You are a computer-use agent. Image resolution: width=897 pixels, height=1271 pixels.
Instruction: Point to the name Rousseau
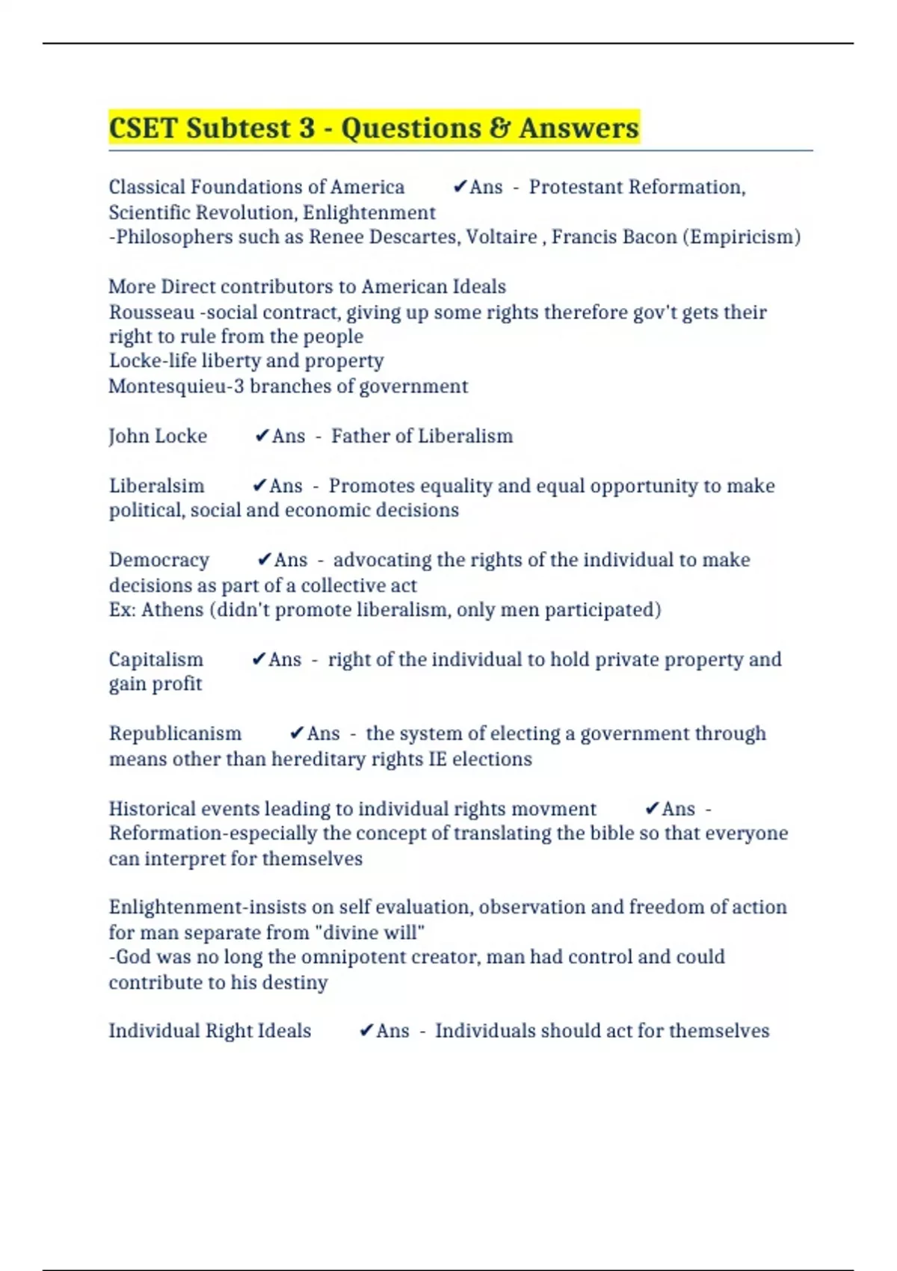click(x=152, y=312)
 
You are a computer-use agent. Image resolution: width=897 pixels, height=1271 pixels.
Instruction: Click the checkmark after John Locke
click(x=262, y=436)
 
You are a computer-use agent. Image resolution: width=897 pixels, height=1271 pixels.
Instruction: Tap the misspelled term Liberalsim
click(x=156, y=486)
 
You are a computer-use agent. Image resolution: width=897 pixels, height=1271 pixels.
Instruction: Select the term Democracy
click(x=159, y=560)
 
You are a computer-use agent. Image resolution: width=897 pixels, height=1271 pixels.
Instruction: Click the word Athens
click(x=172, y=609)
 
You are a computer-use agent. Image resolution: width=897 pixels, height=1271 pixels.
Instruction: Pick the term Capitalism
click(x=155, y=659)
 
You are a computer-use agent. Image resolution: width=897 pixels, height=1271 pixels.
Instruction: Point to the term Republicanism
click(x=175, y=733)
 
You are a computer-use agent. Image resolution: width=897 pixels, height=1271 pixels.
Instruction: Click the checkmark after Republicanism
click(x=297, y=733)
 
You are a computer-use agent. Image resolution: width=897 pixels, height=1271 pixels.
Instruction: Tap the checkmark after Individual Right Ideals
click(x=366, y=1031)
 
